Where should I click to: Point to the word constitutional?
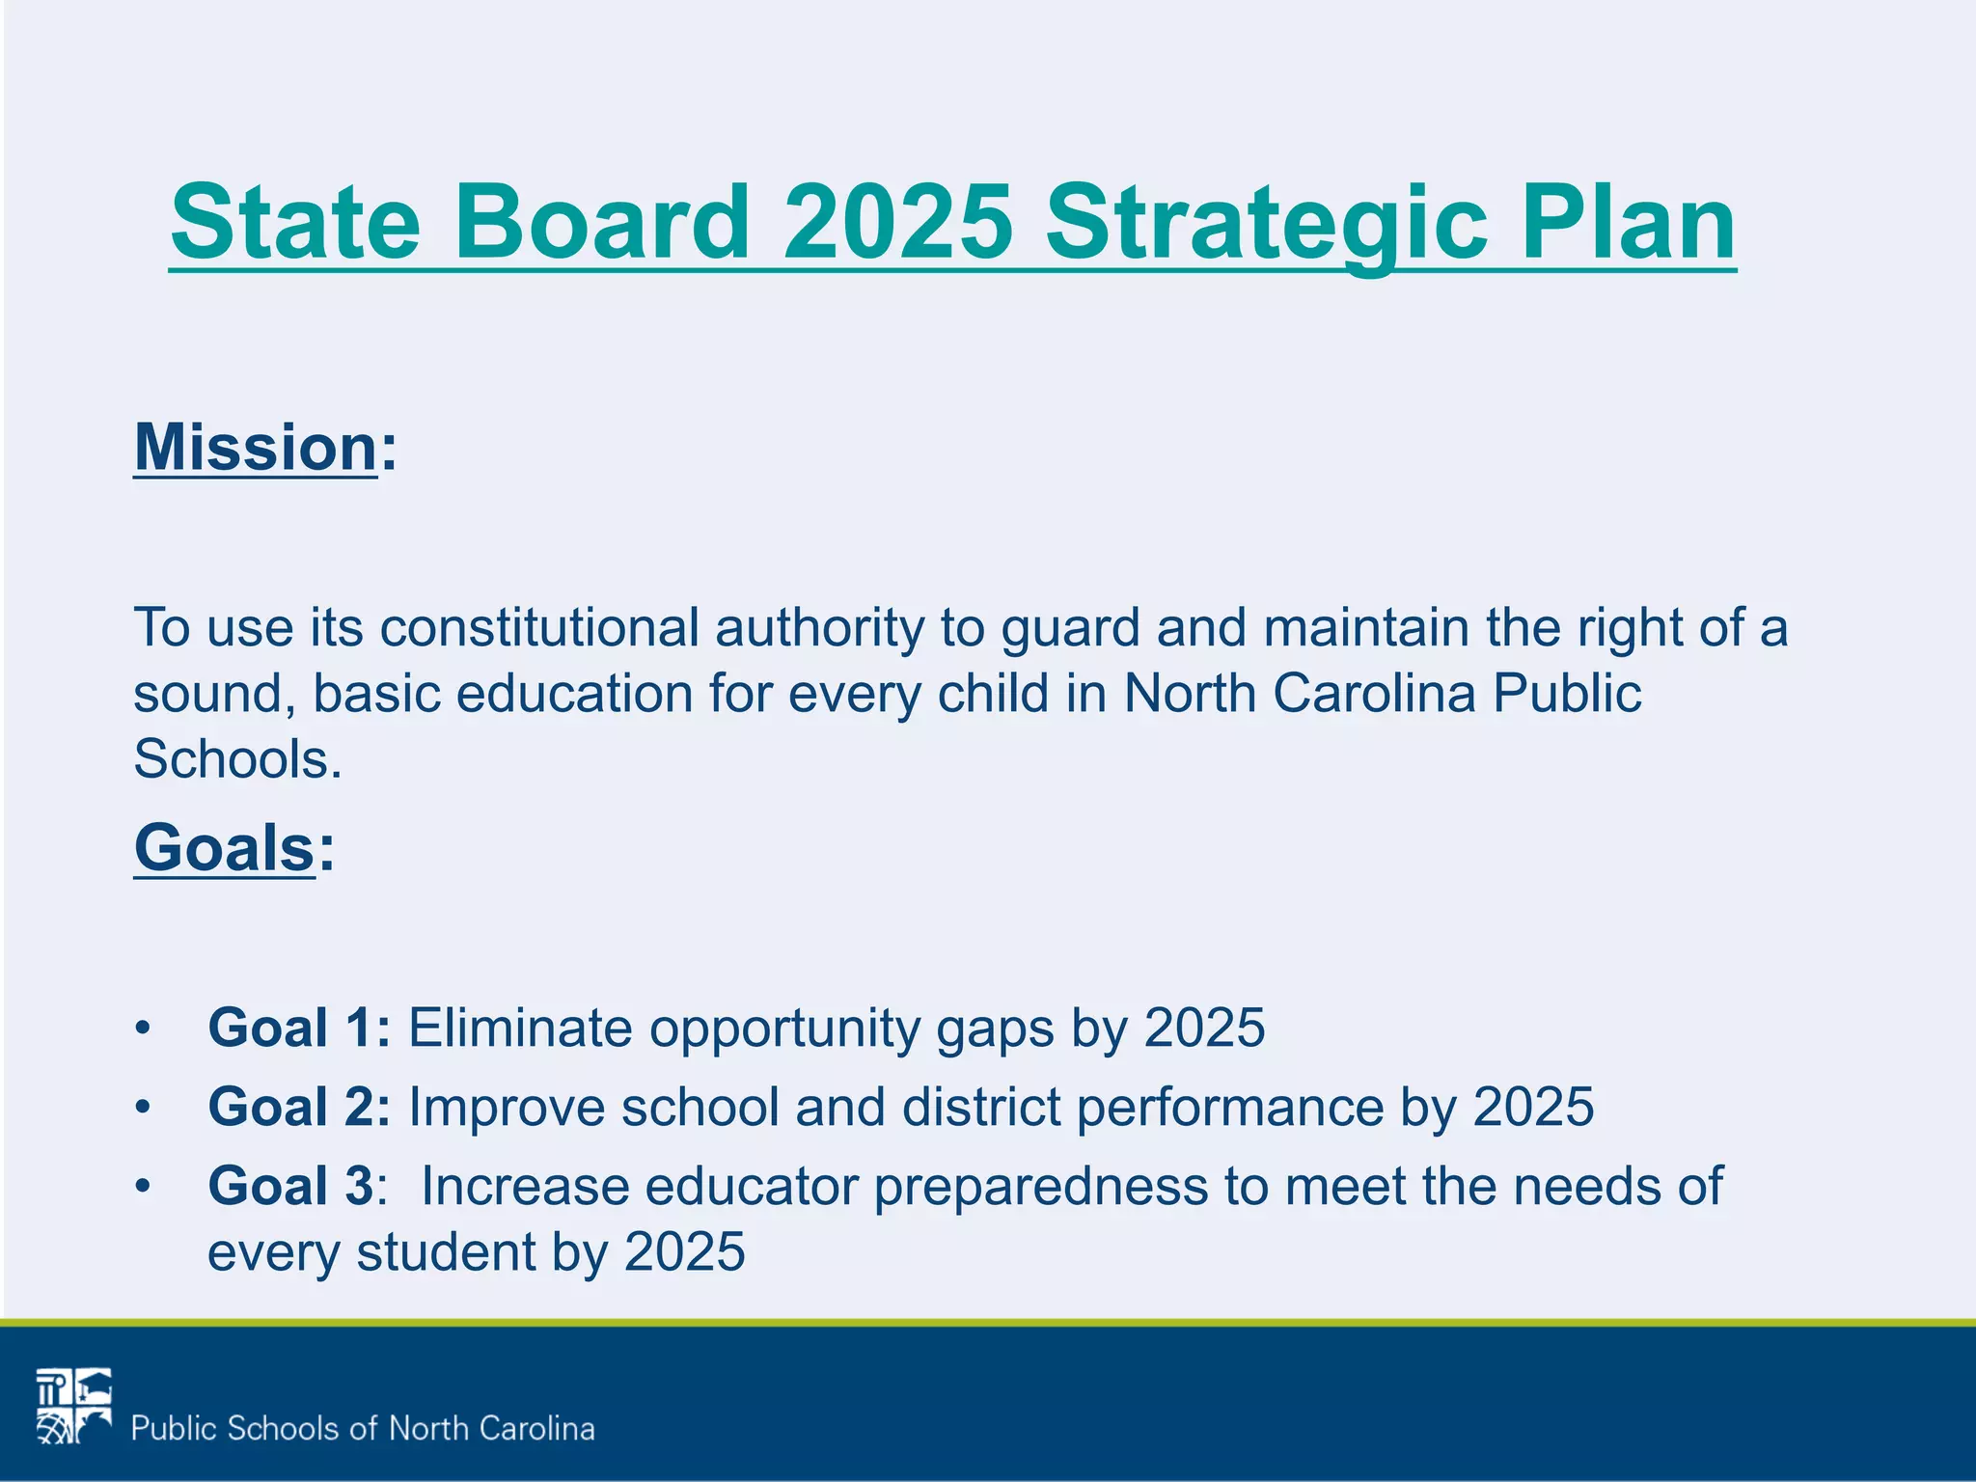538,627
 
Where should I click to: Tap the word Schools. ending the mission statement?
237,759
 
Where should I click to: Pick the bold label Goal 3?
289,1186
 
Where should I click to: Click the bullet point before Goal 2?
143,1108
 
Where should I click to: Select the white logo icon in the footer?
73,1405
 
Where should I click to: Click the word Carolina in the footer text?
536,1429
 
